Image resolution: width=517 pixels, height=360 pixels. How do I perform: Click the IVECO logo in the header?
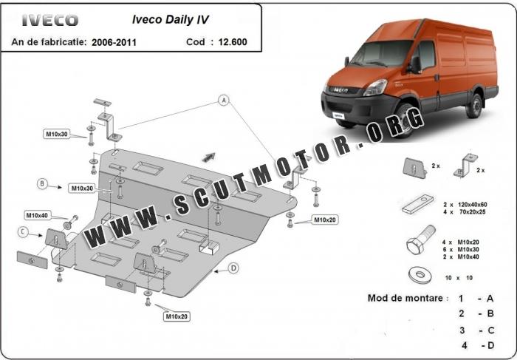[50, 21]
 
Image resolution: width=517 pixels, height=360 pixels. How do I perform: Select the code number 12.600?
[233, 42]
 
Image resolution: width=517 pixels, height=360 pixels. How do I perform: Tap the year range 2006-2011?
[114, 42]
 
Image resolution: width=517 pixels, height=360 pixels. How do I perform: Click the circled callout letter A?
[224, 100]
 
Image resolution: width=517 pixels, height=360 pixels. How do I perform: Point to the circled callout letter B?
[42, 183]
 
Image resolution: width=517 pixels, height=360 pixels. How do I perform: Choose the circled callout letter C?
[22, 231]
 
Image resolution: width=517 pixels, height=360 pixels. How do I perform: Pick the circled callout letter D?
[233, 268]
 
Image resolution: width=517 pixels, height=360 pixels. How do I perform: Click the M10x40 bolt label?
[37, 215]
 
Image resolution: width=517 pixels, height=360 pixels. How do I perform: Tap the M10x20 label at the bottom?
[177, 316]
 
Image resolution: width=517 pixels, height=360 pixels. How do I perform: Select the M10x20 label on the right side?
[325, 220]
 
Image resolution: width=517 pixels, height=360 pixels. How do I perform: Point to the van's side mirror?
[415, 64]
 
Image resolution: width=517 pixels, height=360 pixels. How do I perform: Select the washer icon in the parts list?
[420, 275]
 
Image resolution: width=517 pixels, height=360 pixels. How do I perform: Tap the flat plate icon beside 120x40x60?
[418, 203]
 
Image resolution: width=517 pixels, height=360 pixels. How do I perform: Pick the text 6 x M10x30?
[461, 249]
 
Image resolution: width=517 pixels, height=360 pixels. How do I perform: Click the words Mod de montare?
[405, 298]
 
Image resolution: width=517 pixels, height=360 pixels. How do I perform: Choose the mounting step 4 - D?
[478, 345]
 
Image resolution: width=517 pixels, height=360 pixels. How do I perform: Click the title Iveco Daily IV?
[171, 19]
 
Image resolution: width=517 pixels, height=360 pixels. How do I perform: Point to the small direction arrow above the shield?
[209, 157]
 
